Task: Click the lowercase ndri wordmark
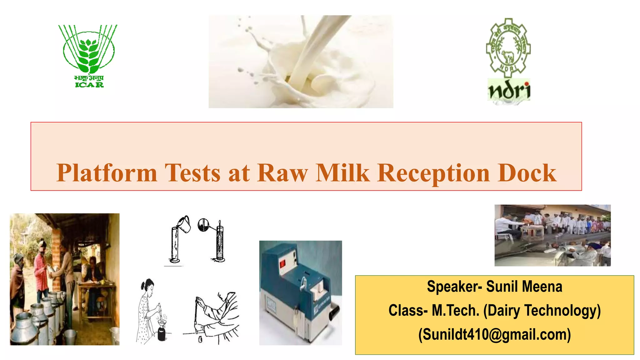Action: coord(509,91)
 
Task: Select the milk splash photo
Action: coord(301,62)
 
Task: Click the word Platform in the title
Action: coord(107,173)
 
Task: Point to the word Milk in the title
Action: coord(342,173)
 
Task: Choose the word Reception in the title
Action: coord(433,173)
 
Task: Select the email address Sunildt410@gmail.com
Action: coord(494,334)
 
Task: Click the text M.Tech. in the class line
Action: coord(455,310)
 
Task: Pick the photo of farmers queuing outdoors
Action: coord(552,235)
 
